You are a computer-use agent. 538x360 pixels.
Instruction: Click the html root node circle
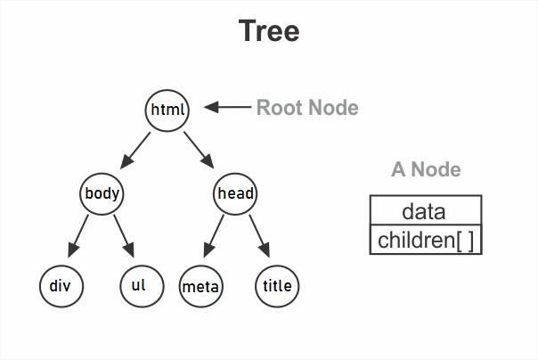pos(167,110)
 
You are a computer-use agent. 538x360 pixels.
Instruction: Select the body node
pos(102,193)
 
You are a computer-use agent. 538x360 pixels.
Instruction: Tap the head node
pos(235,193)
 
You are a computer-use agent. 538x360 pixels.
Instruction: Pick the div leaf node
pos(61,286)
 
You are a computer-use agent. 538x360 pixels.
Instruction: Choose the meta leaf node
pos(201,286)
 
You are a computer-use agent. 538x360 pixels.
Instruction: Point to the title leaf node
pos(278,286)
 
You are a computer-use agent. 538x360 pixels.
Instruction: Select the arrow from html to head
pos(200,150)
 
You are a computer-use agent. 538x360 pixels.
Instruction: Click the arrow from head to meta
pos(215,237)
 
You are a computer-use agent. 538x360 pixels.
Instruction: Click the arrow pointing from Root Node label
pos(227,108)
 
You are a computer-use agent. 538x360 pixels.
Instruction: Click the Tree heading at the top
pos(269,32)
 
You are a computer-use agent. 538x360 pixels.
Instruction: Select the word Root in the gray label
pos(280,108)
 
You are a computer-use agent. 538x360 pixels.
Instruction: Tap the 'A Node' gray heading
pos(426,169)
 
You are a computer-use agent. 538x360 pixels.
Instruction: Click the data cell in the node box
pos(425,211)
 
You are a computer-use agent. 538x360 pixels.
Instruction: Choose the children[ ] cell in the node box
pos(425,240)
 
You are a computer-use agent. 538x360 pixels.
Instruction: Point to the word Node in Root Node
pos(332,108)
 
